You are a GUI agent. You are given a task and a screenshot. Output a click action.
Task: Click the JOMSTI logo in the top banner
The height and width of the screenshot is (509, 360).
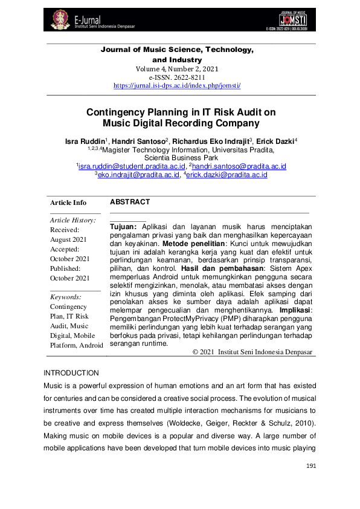tap(295, 19)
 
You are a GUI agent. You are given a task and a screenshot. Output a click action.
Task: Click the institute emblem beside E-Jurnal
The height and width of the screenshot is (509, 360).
tap(59, 19)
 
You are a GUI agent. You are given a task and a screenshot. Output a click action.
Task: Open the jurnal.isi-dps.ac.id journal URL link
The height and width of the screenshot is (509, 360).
tap(177, 86)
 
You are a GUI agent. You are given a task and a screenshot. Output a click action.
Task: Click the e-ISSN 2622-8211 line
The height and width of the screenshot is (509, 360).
tap(177, 77)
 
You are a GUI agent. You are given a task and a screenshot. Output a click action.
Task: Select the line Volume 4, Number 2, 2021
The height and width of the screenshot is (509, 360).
tap(177, 69)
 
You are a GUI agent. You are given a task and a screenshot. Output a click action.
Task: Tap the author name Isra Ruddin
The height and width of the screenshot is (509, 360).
tap(85, 141)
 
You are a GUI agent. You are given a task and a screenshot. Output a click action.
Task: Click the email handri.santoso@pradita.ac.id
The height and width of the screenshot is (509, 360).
tap(239, 166)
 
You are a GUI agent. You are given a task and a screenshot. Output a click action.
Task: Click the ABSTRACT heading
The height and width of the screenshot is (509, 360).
tap(130, 202)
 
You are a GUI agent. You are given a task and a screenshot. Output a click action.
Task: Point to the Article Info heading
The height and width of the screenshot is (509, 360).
tap(68, 203)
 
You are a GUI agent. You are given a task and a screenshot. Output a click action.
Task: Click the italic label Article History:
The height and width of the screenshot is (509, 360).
tap(72, 220)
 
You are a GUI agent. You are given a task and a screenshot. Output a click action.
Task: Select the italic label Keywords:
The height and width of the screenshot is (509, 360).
tap(66, 297)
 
